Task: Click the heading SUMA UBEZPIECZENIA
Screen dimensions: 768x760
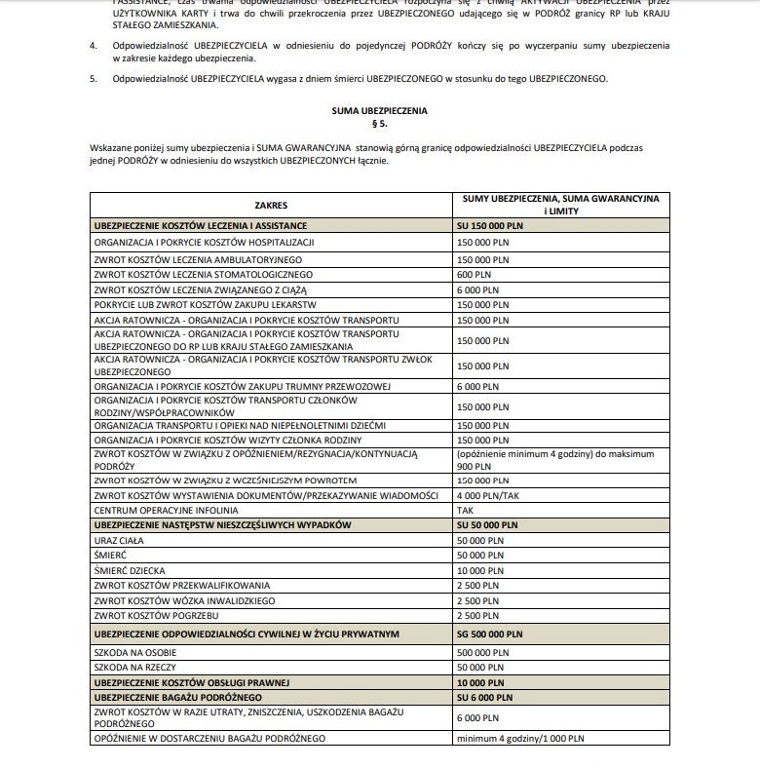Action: click(x=379, y=111)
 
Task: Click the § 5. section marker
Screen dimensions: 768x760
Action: click(x=379, y=126)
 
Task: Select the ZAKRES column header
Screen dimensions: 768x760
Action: click(x=271, y=205)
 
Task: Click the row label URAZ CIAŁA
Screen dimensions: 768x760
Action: click(x=120, y=539)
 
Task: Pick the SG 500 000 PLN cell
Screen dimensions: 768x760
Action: click(x=491, y=634)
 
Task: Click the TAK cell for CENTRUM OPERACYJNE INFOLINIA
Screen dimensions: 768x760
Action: click(x=467, y=510)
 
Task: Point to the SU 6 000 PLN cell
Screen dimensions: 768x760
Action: click(x=484, y=698)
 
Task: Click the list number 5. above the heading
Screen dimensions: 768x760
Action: click(x=94, y=79)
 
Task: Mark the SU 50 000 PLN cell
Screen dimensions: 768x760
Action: click(x=488, y=524)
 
